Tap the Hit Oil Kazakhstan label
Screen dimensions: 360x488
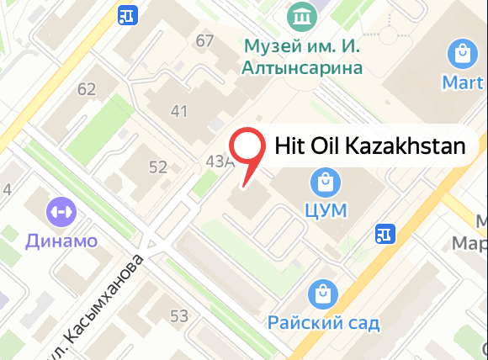[370, 146]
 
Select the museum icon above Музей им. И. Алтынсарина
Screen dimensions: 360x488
[300, 14]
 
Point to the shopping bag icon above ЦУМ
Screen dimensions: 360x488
[323, 181]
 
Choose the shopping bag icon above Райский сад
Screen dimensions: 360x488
[323, 294]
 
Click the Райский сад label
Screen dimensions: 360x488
[324, 322]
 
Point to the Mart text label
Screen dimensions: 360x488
[463, 82]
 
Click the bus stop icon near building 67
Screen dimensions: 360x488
[129, 15]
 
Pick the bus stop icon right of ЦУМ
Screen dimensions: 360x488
[386, 233]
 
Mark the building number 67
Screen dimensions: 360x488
[204, 41]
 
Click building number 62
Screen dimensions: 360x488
[87, 88]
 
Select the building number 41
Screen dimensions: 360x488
[178, 110]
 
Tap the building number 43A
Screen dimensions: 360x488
[216, 161]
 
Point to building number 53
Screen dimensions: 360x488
[178, 316]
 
